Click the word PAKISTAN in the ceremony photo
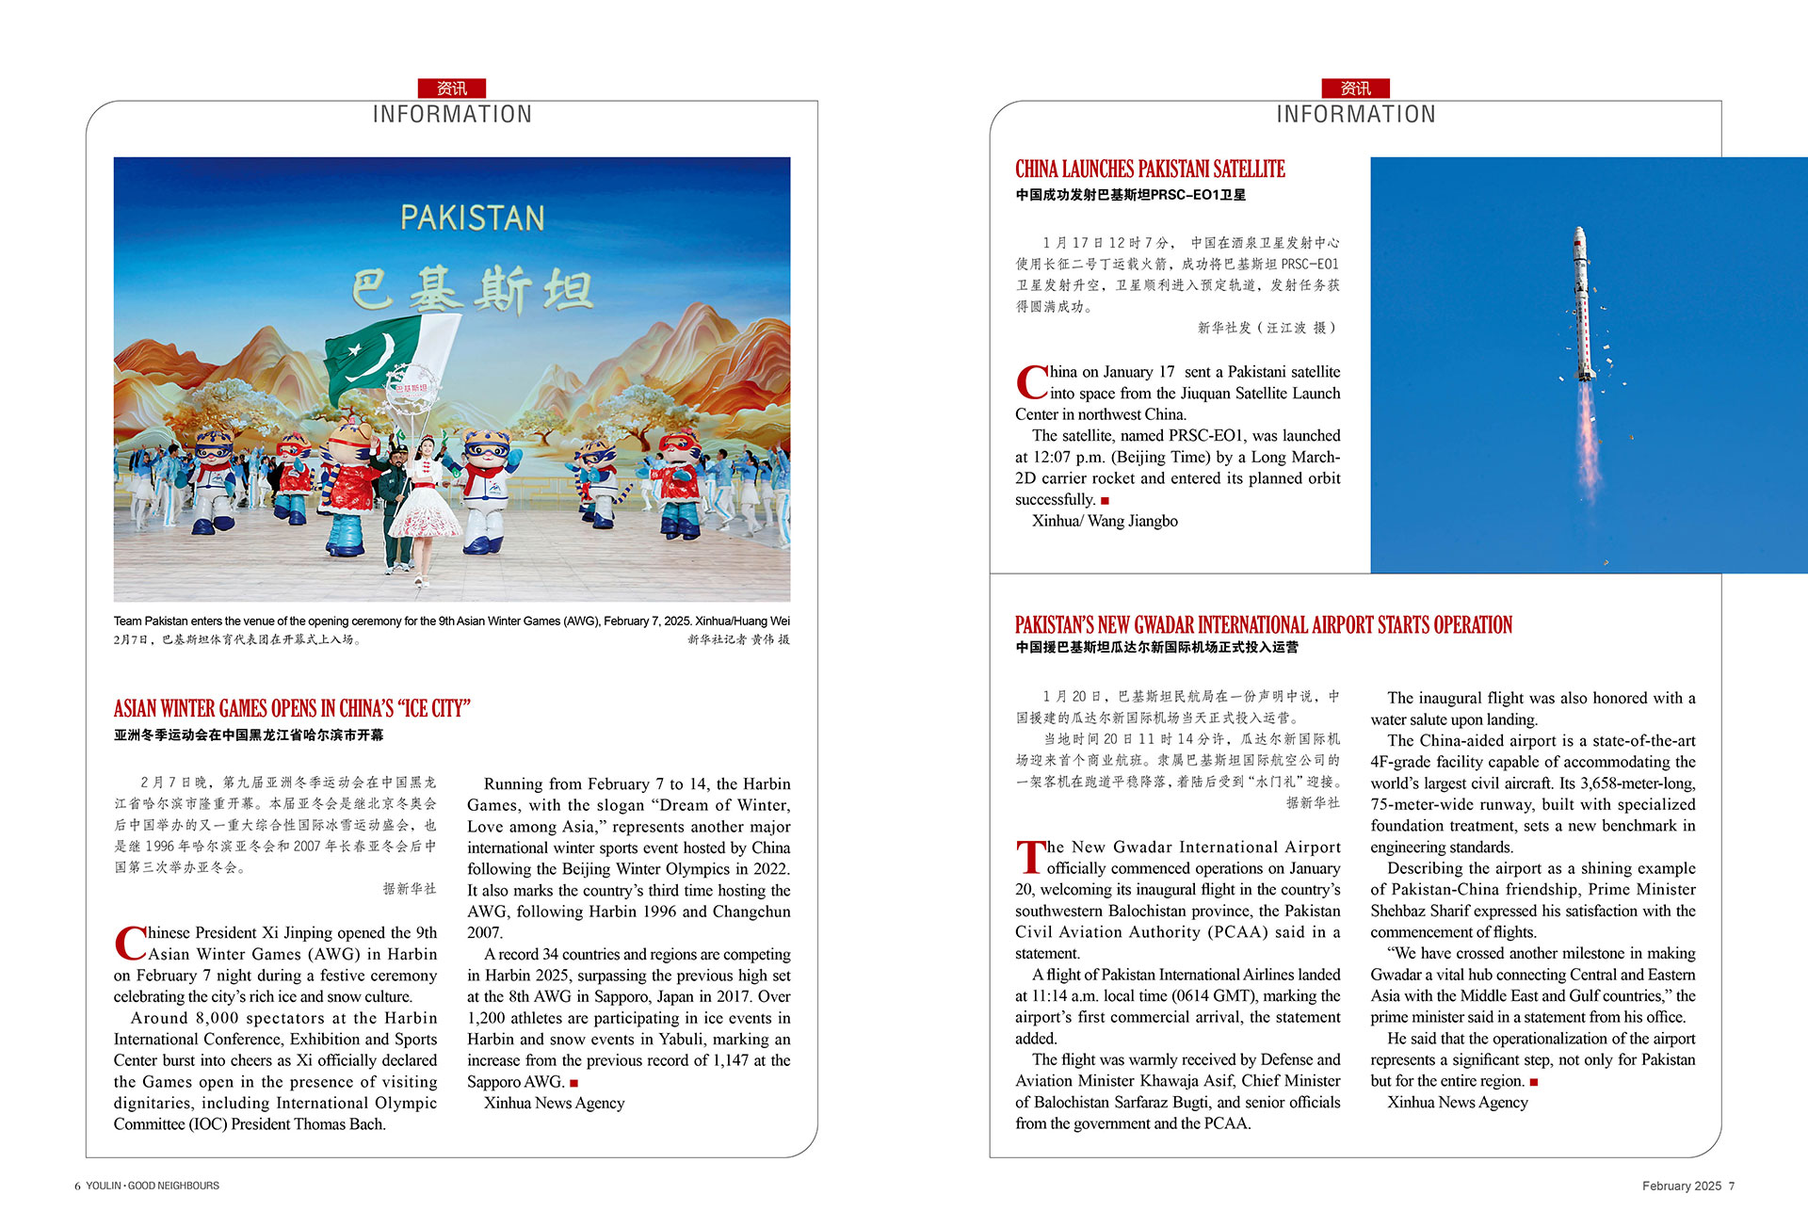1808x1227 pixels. point(473,218)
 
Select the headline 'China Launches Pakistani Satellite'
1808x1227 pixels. point(1150,170)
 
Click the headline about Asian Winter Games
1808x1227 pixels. point(292,708)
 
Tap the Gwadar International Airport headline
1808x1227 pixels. point(1263,625)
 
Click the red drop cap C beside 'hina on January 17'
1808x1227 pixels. point(1031,382)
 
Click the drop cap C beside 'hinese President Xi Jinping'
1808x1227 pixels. point(130,943)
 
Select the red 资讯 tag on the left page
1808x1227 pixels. point(452,89)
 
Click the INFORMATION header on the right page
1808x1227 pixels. point(1355,115)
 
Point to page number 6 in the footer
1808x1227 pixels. point(77,1186)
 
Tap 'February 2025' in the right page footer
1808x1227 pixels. point(1681,1186)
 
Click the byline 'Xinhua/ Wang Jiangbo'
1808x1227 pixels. point(1105,521)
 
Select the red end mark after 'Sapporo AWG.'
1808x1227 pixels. point(573,1083)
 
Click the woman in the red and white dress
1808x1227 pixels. point(427,499)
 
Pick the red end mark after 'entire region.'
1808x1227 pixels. point(1534,1082)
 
